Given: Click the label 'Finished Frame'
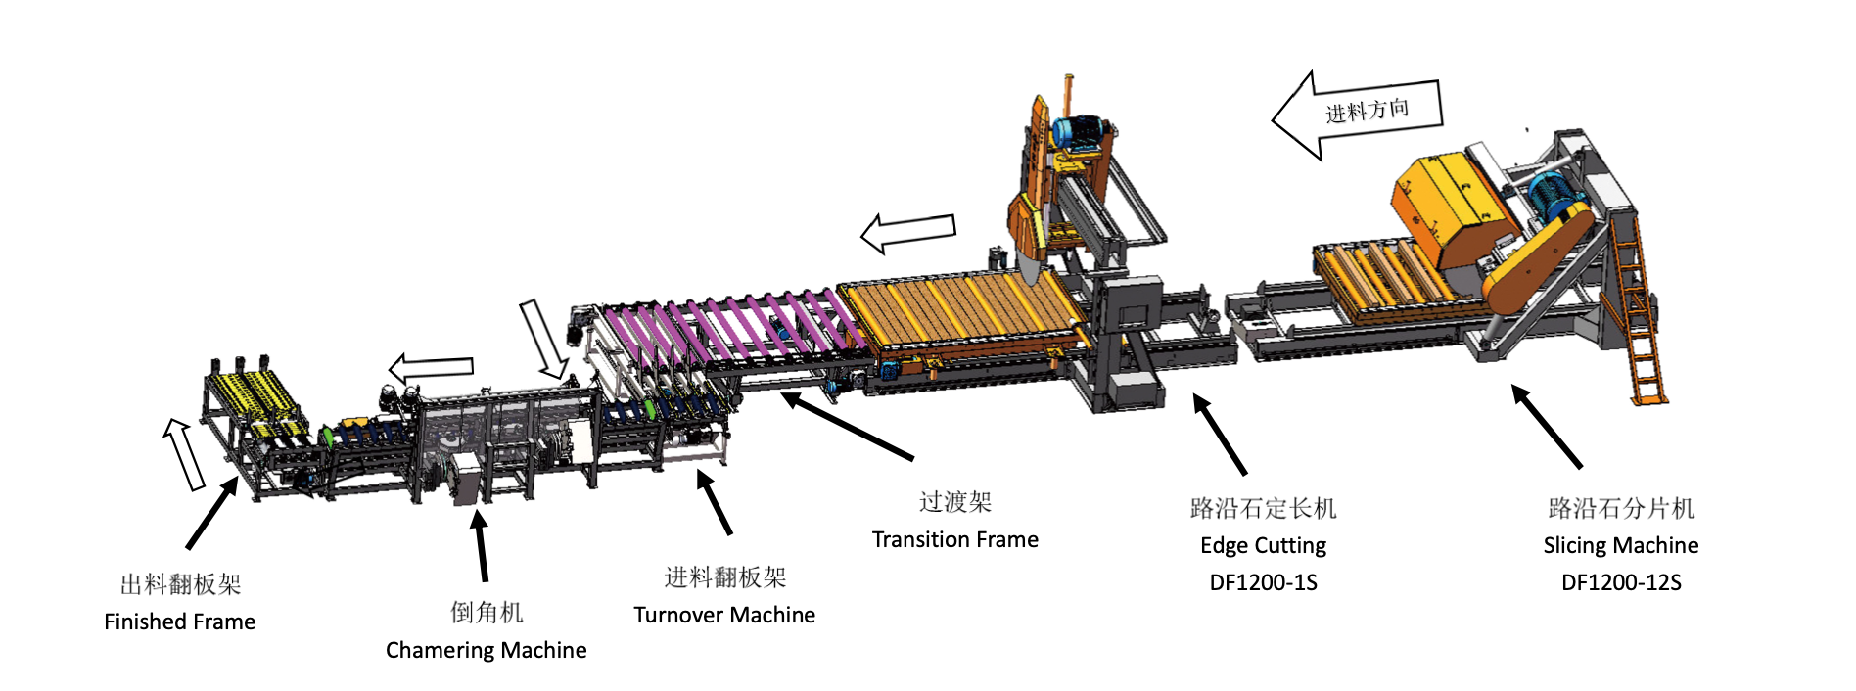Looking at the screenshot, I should tap(179, 622).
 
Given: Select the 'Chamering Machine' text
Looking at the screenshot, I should tap(486, 650).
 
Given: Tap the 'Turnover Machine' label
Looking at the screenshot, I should tap(724, 615).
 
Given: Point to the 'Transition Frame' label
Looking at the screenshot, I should tap(954, 539).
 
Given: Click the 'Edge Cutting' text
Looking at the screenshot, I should tap(1263, 545).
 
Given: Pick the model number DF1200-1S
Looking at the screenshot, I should tap(1263, 582).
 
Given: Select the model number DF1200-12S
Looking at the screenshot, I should tap(1621, 582).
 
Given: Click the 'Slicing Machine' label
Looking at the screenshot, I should tap(1621, 545).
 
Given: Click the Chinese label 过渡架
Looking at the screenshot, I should tap(954, 502).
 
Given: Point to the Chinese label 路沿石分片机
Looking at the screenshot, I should tap(1621, 508).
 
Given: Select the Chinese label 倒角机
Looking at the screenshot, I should tap(487, 613).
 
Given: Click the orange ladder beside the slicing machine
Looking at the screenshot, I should tap(1638, 313).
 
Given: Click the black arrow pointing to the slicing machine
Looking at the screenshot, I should tap(1546, 426).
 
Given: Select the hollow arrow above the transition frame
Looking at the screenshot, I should tap(907, 232).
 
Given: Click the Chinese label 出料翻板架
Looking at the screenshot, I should tap(180, 584).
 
